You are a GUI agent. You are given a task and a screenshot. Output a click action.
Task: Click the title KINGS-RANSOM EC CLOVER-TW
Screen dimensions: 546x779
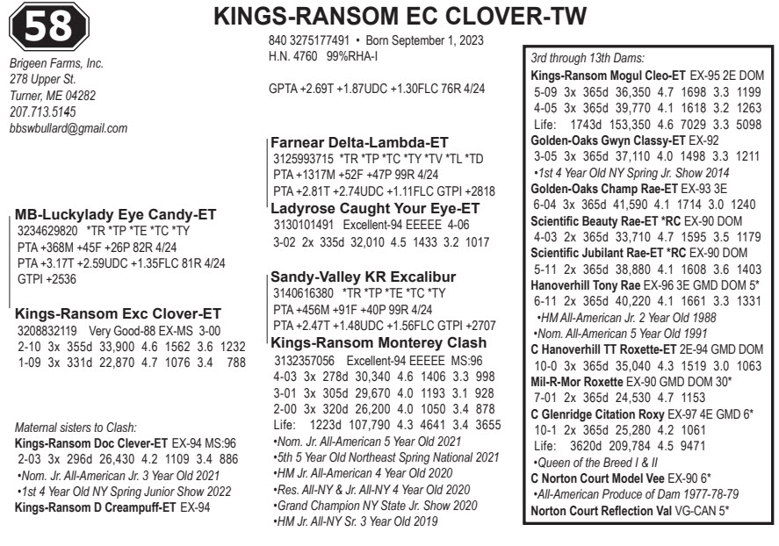[x=413, y=18]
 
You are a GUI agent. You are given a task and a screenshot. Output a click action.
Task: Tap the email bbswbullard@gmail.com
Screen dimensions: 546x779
[x=68, y=128]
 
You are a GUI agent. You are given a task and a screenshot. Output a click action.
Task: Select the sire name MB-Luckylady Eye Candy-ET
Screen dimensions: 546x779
[x=116, y=214]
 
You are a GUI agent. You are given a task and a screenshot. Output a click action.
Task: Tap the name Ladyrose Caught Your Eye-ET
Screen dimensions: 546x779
[x=375, y=208]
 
